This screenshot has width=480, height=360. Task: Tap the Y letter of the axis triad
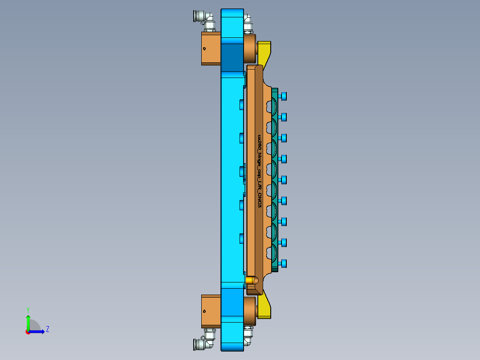(28, 309)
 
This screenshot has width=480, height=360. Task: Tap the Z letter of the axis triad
(47, 329)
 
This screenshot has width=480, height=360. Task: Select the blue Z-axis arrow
(37, 331)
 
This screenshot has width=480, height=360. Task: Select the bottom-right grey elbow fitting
(248, 335)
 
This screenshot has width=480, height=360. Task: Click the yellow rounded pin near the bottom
(252, 280)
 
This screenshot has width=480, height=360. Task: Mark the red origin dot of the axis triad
(28, 332)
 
